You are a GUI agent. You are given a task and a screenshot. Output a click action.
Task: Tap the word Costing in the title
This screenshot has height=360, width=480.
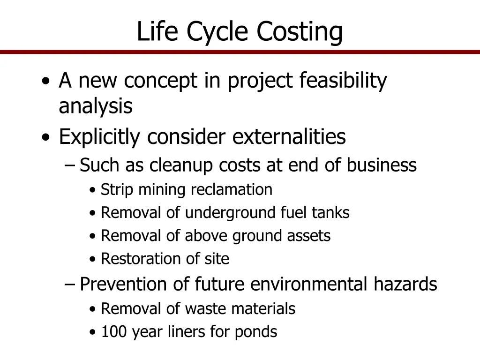300,32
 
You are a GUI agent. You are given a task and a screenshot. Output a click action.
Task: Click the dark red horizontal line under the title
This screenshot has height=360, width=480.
240,52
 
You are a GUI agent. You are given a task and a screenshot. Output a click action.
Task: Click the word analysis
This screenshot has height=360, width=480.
96,107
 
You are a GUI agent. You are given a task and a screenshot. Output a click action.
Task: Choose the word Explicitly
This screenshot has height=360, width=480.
100,137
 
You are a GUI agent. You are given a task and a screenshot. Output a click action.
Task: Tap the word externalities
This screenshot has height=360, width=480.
289,137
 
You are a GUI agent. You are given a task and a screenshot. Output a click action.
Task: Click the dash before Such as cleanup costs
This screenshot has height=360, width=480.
70,166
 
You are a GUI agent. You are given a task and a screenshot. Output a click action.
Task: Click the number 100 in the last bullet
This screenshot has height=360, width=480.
114,332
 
